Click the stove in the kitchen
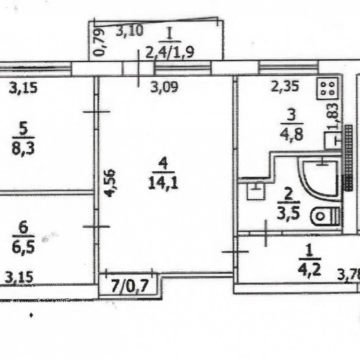pyautogui.click(x=328, y=88)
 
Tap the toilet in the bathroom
pyautogui.click(x=326, y=216)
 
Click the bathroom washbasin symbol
pyautogui.click(x=256, y=191)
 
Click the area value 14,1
pyautogui.click(x=163, y=183)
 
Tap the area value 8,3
pyautogui.click(x=23, y=149)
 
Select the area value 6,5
pyautogui.click(x=24, y=247)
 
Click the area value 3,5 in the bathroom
pyautogui.click(x=289, y=213)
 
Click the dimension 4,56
pyautogui.click(x=111, y=183)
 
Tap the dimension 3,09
pyautogui.click(x=164, y=87)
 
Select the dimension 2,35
pyautogui.click(x=285, y=86)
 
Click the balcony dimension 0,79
pyautogui.click(x=99, y=42)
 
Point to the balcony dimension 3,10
pyautogui.click(x=130, y=31)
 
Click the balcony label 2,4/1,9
pyautogui.click(x=170, y=52)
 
